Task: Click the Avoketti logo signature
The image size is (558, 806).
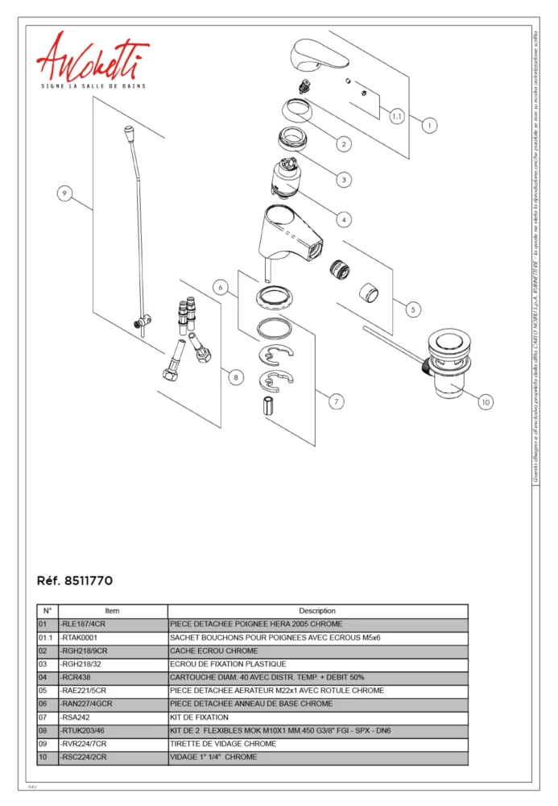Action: pyautogui.click(x=92, y=58)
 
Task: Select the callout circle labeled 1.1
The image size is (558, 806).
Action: pyautogui.click(x=397, y=117)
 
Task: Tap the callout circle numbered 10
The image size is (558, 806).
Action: pyautogui.click(x=485, y=401)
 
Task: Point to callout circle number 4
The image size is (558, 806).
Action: pyautogui.click(x=344, y=218)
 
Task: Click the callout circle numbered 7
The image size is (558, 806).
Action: pyautogui.click(x=337, y=401)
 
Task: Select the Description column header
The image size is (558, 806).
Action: pyautogui.click(x=317, y=611)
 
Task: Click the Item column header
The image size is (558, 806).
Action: pyautogui.click(x=112, y=611)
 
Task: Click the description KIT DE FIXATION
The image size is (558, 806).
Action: pyautogui.click(x=199, y=717)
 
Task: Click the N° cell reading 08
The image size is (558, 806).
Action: pyautogui.click(x=43, y=731)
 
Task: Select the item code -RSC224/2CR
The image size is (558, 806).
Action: pyautogui.click(x=84, y=758)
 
